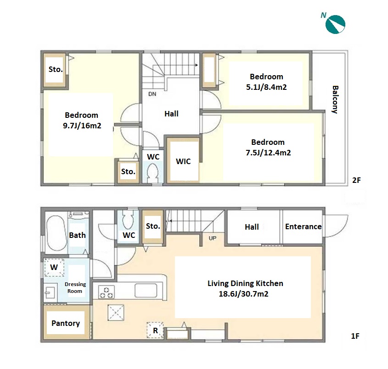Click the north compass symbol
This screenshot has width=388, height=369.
point(335,24)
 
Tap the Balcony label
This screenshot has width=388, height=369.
point(335,99)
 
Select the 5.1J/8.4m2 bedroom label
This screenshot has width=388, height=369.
point(266,82)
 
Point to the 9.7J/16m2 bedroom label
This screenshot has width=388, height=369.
point(82,120)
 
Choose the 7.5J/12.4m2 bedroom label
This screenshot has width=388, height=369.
point(268,148)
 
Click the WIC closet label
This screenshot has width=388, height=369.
point(183,161)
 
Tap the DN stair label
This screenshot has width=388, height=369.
point(152,94)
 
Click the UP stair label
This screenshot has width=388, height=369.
point(212,238)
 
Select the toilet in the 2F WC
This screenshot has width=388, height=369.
point(153,172)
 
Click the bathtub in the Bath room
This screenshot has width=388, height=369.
point(56,233)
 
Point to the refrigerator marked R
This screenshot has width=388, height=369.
point(155,330)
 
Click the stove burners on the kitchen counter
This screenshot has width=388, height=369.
point(107,292)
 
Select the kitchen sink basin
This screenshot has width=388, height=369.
point(146,291)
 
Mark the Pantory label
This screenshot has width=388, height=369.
point(66,323)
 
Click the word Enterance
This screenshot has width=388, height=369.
point(303,226)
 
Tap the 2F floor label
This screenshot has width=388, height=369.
point(356,180)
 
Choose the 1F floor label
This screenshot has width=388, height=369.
point(355,336)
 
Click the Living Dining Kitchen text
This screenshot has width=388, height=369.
point(245,283)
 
